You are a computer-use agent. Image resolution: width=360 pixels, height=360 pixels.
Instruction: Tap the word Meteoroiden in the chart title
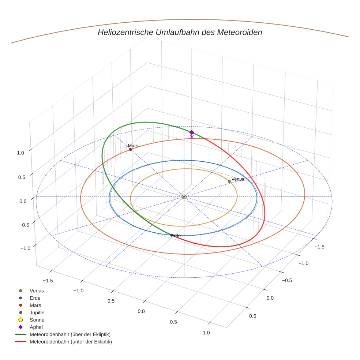[239, 32]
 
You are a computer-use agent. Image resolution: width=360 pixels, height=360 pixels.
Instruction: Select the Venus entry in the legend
[37, 291]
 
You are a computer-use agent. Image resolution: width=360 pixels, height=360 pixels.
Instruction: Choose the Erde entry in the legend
[35, 298]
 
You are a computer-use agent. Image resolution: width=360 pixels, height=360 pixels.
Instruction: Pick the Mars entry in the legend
[35, 305]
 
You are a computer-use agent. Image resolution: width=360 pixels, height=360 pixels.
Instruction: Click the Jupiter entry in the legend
[37, 313]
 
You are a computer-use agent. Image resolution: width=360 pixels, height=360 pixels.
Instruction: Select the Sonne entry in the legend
[37, 320]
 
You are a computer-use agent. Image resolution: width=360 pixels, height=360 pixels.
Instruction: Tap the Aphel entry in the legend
[36, 327]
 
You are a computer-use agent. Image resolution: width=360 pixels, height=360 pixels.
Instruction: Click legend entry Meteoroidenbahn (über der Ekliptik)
[70, 335]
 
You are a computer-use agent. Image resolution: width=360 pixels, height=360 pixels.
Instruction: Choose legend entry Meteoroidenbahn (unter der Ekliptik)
[71, 342]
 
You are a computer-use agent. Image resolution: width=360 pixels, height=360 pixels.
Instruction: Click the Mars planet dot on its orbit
[131, 150]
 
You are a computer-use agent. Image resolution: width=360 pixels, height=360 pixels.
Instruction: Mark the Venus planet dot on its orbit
[229, 181]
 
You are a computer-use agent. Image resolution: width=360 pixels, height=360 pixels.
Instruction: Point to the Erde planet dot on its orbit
[172, 235]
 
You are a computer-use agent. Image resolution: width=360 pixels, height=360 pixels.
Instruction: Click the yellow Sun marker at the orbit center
[184, 197]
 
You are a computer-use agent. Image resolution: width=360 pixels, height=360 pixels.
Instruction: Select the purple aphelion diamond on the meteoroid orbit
[191, 132]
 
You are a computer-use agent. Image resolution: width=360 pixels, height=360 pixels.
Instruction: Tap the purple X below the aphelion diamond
[192, 137]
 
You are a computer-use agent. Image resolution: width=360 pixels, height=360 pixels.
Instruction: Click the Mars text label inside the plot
[133, 146]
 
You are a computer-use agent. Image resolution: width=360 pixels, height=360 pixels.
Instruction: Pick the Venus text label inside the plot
[238, 179]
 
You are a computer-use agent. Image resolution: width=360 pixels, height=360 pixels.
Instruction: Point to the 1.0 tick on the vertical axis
[20, 153]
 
